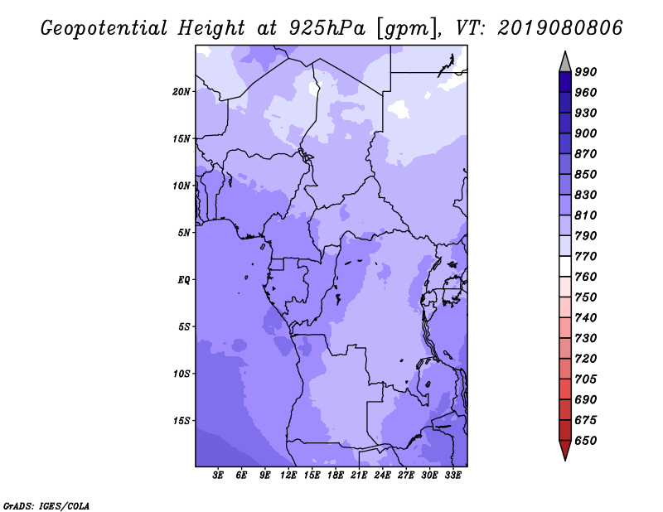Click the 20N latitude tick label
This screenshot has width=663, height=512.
pyautogui.click(x=181, y=92)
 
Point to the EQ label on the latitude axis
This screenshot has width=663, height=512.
pyautogui.click(x=184, y=280)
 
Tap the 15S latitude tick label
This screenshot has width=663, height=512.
pyautogui.click(x=181, y=421)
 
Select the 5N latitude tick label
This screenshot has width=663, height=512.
pyautogui.click(x=184, y=233)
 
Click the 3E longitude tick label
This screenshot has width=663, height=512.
pyautogui.click(x=218, y=476)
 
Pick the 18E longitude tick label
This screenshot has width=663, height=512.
pyautogui.click(x=336, y=476)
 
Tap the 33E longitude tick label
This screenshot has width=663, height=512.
pyautogui.click(x=452, y=476)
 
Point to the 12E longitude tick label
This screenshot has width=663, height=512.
pyautogui.click(x=288, y=476)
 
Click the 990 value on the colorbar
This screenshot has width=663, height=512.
pyautogui.click(x=586, y=72)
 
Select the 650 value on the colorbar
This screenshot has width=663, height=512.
pyautogui.click(x=586, y=441)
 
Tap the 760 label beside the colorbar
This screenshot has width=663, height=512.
pyautogui.click(x=586, y=277)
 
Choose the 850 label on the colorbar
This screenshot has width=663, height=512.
pyautogui.click(x=586, y=174)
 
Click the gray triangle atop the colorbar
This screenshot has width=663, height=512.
pyautogui.click(x=565, y=63)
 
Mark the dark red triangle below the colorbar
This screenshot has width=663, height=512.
pyautogui.click(x=565, y=449)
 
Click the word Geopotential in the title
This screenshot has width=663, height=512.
pyautogui.click(x=104, y=28)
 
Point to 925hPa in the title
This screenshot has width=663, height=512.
pyautogui.click(x=327, y=28)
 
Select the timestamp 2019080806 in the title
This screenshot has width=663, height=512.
pyautogui.click(x=560, y=28)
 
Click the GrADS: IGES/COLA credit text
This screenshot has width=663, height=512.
pyautogui.click(x=46, y=506)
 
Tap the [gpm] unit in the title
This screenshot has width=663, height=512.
pyautogui.click(x=407, y=28)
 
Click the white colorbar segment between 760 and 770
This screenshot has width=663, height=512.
pyautogui.click(x=565, y=267)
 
